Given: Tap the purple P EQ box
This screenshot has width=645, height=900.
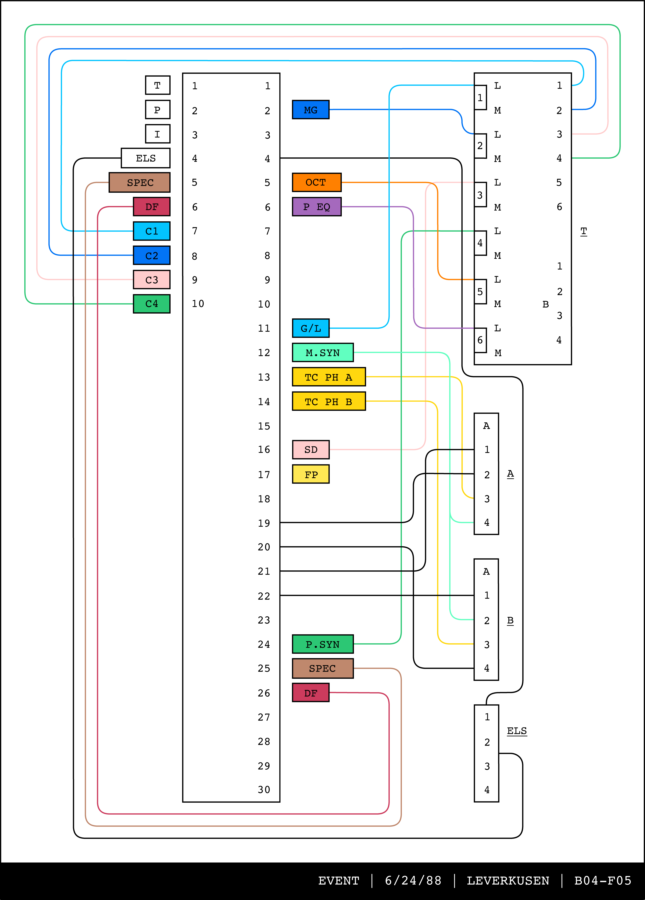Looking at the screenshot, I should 316,207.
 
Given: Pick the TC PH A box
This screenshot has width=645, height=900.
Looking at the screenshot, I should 329,377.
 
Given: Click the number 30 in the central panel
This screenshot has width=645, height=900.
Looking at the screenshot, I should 264,790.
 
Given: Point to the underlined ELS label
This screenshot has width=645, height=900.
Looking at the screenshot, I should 517,731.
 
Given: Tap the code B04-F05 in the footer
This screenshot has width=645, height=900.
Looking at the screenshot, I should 603,881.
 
